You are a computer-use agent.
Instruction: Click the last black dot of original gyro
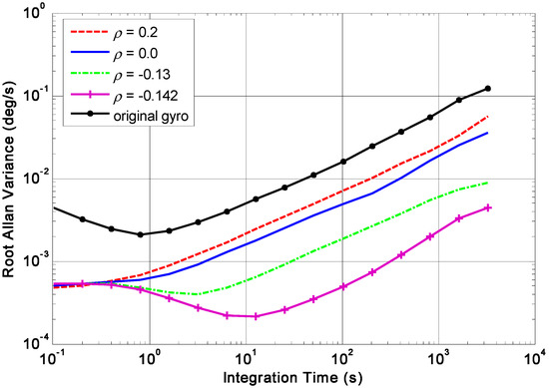click(488, 88)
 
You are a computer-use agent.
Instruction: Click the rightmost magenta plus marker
click(488, 207)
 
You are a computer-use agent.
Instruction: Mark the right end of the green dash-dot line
click(488, 183)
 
